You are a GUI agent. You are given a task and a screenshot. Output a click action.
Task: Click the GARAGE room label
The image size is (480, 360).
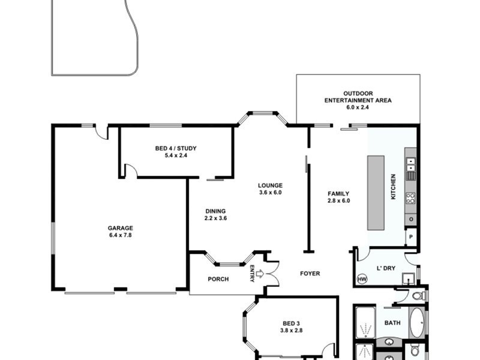click(120, 228)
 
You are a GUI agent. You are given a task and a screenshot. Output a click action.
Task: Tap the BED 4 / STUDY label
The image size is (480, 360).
click(176, 148)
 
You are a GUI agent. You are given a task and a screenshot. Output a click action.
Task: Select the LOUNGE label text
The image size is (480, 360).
click(270, 185)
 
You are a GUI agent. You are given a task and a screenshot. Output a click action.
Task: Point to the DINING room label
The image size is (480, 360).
click(215, 211)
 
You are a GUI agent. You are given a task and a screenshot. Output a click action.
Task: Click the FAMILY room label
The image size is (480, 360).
click(338, 193)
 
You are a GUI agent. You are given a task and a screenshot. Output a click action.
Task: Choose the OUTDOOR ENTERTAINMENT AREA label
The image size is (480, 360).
click(358, 97)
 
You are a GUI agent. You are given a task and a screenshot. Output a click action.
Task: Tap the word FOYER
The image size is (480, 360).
click(310, 274)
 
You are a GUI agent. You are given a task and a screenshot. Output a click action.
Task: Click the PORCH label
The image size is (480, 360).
click(218, 279)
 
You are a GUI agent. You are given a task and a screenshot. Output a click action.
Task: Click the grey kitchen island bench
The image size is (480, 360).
click(376, 192)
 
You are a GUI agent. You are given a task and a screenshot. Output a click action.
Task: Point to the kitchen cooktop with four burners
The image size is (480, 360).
click(411, 198)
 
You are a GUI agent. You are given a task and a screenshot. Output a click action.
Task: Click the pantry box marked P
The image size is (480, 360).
click(411, 237)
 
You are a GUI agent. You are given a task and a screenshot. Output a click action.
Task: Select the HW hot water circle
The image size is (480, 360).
click(362, 279)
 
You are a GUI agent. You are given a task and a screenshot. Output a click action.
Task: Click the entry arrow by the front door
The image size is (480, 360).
click(259, 274)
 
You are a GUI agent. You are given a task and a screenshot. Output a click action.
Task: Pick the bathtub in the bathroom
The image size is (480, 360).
click(416, 323)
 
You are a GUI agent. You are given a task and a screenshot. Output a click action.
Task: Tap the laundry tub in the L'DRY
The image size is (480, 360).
click(409, 278)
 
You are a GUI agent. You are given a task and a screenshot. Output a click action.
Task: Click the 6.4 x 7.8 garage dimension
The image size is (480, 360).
click(120, 235)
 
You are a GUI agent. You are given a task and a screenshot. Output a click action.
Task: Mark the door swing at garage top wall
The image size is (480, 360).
click(102, 132)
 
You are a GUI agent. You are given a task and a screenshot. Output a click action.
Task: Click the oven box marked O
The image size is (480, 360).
click(411, 220)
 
